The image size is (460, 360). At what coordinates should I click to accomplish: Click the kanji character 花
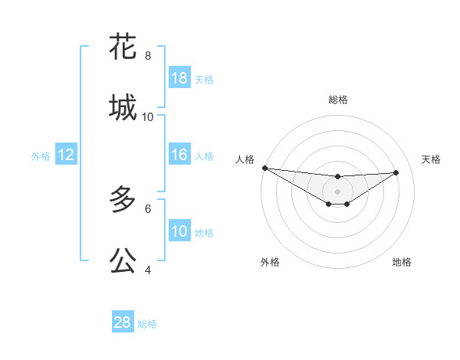(x=123, y=47)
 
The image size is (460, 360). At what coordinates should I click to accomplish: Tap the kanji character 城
(x=123, y=108)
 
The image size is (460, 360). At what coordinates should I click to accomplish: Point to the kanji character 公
(x=123, y=260)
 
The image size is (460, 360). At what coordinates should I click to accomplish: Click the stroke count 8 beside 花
(x=148, y=56)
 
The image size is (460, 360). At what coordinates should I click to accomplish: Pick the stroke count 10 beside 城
(x=148, y=117)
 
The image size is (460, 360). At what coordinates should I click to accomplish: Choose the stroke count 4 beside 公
(x=148, y=270)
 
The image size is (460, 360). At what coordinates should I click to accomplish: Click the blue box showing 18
(x=179, y=78)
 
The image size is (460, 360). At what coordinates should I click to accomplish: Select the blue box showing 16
(x=179, y=155)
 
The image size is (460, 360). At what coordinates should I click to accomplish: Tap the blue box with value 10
(x=179, y=231)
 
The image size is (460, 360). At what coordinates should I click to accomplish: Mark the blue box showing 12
(x=66, y=155)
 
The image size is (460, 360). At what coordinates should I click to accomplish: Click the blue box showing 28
(x=123, y=322)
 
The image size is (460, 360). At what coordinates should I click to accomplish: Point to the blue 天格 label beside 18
(x=204, y=79)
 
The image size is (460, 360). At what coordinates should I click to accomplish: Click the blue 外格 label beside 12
(x=41, y=155)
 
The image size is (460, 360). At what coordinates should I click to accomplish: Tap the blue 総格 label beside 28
(x=147, y=323)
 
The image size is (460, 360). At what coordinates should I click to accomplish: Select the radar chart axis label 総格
(x=338, y=100)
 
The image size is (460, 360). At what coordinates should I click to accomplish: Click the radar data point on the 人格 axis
(x=264, y=168)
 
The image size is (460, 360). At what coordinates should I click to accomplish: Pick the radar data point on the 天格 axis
(x=396, y=172)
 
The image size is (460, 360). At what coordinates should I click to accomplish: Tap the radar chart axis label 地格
(x=402, y=262)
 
